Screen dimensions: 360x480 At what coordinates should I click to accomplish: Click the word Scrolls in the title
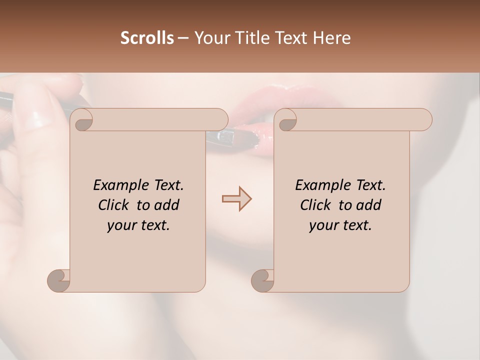click(147, 38)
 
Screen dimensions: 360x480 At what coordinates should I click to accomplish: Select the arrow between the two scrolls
click(236, 199)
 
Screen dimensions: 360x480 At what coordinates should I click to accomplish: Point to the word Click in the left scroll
click(115, 205)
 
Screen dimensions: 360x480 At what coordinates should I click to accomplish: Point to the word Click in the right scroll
click(317, 205)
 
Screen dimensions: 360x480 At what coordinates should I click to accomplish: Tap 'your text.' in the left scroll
click(138, 225)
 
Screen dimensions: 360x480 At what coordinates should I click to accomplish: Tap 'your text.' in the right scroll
click(340, 225)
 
